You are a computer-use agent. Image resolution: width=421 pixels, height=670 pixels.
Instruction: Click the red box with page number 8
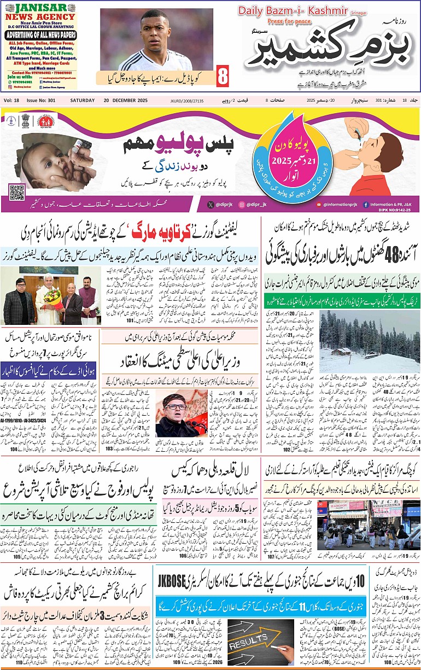(x=223, y=76)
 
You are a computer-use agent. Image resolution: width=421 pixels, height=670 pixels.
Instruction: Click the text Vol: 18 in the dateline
(x=11, y=101)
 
